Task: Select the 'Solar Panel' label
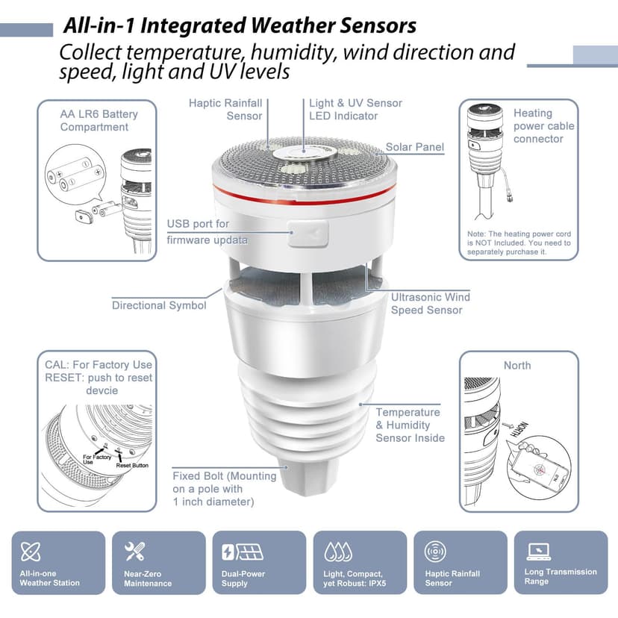[x=414, y=147]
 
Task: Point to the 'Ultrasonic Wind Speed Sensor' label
[x=430, y=303]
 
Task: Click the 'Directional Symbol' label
[x=159, y=305]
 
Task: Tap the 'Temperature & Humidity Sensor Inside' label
[x=410, y=425]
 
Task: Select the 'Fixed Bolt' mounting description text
[x=224, y=488]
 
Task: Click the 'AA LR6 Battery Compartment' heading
[x=99, y=120]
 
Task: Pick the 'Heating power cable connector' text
[x=543, y=125]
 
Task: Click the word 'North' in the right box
[x=517, y=365]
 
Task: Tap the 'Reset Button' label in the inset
[x=132, y=466]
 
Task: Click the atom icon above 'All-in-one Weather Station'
[x=31, y=552]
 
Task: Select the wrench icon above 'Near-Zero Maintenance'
[x=134, y=552]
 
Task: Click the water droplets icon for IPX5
[x=337, y=552]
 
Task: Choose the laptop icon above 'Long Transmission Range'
[x=538, y=552]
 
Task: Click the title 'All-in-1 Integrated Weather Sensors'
[x=240, y=25]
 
